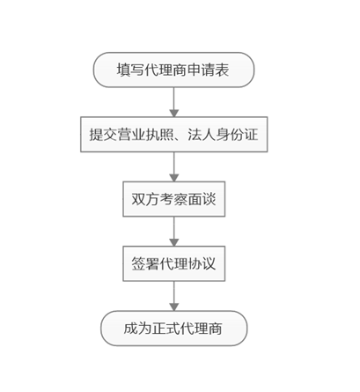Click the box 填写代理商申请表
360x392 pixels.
173,70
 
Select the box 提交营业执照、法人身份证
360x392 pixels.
174,135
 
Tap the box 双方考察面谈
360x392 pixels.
174,199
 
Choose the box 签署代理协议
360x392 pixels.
174,263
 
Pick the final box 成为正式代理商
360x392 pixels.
174,329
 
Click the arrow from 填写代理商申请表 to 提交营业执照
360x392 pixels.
174,102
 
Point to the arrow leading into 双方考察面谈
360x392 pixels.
174,166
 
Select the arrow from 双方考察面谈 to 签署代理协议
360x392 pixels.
174,232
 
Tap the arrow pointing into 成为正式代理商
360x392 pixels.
174,296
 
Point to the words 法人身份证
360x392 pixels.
223,135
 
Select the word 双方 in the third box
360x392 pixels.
145,199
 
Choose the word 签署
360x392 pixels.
145,263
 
